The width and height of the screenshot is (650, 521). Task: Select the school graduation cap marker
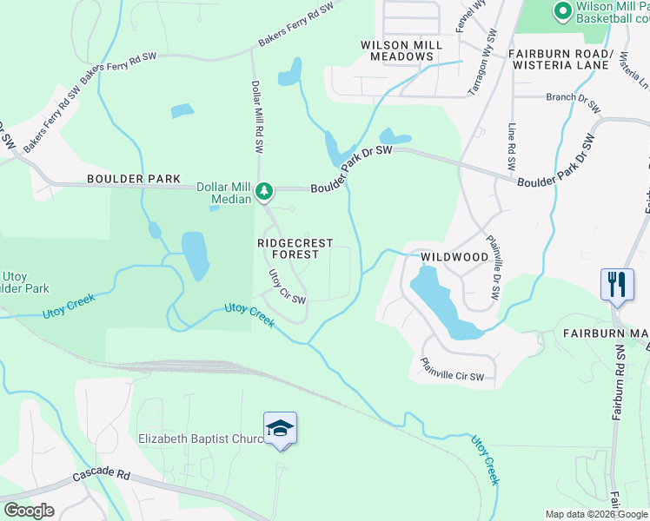280,428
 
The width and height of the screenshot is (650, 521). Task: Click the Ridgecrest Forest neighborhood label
289,249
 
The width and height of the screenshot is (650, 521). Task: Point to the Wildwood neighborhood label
454,258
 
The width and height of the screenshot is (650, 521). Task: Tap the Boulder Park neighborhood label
133,180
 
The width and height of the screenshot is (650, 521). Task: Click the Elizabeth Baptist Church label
201,439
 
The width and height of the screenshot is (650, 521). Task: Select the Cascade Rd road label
101,476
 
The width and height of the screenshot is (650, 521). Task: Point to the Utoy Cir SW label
286,287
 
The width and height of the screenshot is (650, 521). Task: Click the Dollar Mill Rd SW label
257,117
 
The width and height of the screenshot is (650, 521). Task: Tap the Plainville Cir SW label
452,370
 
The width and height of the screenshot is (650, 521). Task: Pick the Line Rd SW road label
513,146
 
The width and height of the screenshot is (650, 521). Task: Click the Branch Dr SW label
573,102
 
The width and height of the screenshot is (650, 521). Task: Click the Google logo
29,510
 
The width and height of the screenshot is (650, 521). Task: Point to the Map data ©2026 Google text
596,514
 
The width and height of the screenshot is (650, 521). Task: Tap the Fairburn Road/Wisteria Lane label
561,58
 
